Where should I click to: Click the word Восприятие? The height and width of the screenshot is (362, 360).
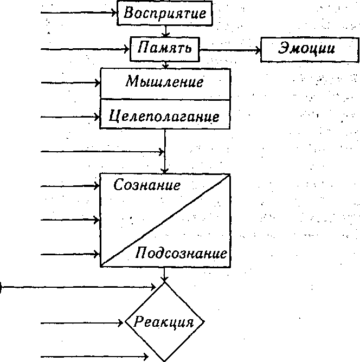click(x=165, y=13)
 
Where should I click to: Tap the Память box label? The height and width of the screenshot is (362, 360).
click(x=165, y=48)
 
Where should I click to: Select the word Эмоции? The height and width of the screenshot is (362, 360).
click(x=306, y=48)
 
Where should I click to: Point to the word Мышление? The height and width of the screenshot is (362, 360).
click(x=165, y=81)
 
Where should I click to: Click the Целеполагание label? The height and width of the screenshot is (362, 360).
click(x=164, y=116)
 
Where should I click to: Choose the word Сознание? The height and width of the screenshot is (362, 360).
click(x=147, y=185)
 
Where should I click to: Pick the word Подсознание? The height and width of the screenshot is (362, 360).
click(x=181, y=253)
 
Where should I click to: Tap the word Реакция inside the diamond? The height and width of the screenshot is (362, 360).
click(x=164, y=321)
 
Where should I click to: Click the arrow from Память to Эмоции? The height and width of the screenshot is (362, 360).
click(x=230, y=50)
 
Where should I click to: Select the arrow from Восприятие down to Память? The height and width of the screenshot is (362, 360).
click(x=165, y=31)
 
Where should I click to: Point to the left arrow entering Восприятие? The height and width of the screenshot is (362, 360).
click(x=79, y=12)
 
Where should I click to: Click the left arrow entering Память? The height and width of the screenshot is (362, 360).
click(x=85, y=49)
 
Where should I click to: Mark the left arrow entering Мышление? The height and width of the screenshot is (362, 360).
click(x=70, y=83)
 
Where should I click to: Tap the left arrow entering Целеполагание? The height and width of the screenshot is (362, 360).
click(x=70, y=117)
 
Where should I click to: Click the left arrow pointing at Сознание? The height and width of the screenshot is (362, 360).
click(x=70, y=186)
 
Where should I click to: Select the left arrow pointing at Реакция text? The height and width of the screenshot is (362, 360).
click(x=82, y=323)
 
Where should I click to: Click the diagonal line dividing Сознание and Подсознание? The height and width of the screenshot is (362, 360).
click(x=165, y=221)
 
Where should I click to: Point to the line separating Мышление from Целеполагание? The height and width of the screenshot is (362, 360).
click(x=165, y=100)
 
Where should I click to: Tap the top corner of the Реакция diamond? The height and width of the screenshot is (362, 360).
click(x=164, y=282)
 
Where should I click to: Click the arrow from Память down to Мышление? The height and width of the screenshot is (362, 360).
click(x=165, y=65)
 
